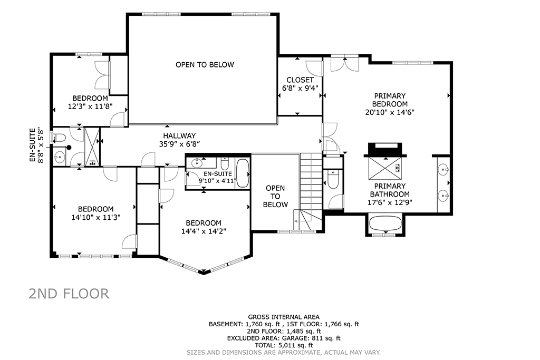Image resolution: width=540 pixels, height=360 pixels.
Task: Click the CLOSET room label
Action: [300, 80]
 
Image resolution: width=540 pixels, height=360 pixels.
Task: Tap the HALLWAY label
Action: [179, 136]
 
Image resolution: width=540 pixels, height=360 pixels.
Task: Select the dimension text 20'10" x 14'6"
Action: [390, 112]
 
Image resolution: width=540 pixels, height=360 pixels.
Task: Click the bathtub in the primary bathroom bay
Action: [385, 223]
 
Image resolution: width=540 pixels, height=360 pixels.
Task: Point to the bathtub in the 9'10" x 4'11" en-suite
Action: [243, 173]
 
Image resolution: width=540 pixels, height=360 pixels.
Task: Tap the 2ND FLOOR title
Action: [69, 294]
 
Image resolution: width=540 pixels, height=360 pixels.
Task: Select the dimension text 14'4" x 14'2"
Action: [204, 231]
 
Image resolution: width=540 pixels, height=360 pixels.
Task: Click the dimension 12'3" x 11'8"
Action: [90, 106]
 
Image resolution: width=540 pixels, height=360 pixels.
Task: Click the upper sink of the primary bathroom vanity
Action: [443, 169]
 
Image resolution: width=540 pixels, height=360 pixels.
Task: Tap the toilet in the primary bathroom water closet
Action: [333, 179]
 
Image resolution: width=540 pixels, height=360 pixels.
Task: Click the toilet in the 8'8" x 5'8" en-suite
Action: [59, 138]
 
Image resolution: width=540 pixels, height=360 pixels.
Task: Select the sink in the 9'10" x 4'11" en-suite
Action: [197, 162]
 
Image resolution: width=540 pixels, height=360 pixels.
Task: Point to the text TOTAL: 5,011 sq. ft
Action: [284, 345]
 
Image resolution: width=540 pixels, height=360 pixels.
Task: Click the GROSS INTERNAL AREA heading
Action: [284, 317]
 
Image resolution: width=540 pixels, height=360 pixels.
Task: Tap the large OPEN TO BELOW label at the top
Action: [205, 65]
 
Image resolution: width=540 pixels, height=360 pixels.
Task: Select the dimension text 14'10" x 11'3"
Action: [96, 218]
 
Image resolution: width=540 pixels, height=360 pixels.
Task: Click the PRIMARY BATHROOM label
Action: [390, 190]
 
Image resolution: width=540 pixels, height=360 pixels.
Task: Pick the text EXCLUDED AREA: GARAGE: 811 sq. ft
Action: [284, 338]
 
